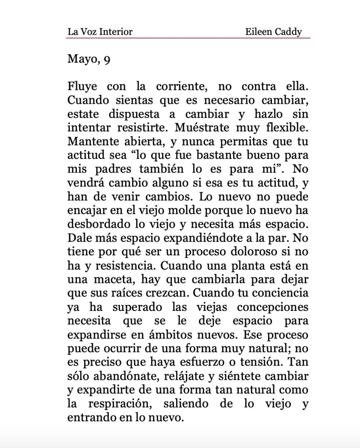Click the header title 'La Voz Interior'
[100, 32]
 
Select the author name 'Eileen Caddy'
[274, 32]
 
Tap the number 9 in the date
[107, 60]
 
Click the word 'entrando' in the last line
[90, 417]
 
